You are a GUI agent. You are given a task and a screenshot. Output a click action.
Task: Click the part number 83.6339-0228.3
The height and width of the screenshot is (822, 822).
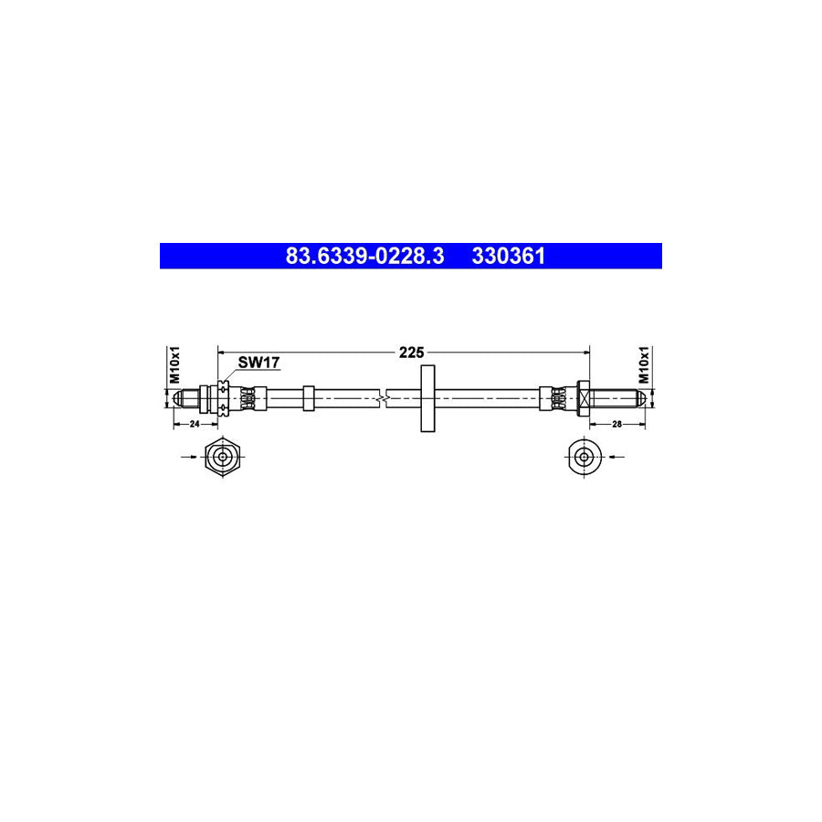(x=364, y=257)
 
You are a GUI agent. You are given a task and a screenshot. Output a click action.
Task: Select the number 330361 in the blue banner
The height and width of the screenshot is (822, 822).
(x=508, y=257)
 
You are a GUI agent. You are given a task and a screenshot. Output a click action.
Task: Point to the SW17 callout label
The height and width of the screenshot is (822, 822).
(x=258, y=363)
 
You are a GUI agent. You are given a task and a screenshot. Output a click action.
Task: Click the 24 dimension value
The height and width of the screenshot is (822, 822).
(x=195, y=424)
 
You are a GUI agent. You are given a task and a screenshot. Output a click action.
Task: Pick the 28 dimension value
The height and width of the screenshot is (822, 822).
(x=617, y=424)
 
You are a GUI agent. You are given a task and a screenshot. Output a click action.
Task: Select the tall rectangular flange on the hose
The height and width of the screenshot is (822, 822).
(x=427, y=397)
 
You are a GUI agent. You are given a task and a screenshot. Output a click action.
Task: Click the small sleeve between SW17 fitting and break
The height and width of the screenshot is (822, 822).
(x=309, y=397)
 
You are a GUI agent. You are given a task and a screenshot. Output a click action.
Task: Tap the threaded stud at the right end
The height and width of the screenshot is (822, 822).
(x=616, y=397)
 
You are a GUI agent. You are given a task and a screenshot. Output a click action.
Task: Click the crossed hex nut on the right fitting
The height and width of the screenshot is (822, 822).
(x=582, y=396)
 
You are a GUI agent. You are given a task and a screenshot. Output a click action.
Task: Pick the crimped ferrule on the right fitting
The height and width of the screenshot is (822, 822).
(x=553, y=397)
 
